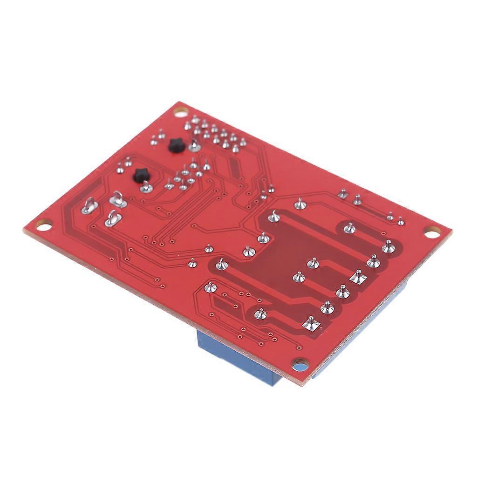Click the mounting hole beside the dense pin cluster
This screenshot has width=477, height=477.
[180, 112]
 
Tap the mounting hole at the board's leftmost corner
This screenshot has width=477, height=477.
[43, 224]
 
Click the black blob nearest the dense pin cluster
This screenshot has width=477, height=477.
[175, 146]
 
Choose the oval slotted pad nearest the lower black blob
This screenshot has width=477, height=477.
[117, 201]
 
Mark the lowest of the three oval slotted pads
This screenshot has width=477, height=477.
[112, 218]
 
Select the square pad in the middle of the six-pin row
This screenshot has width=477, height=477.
[357, 276]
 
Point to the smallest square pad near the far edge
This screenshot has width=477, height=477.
[343, 194]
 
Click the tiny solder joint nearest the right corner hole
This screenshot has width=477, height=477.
[401, 222]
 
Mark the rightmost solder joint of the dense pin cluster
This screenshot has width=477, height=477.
[244, 142]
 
